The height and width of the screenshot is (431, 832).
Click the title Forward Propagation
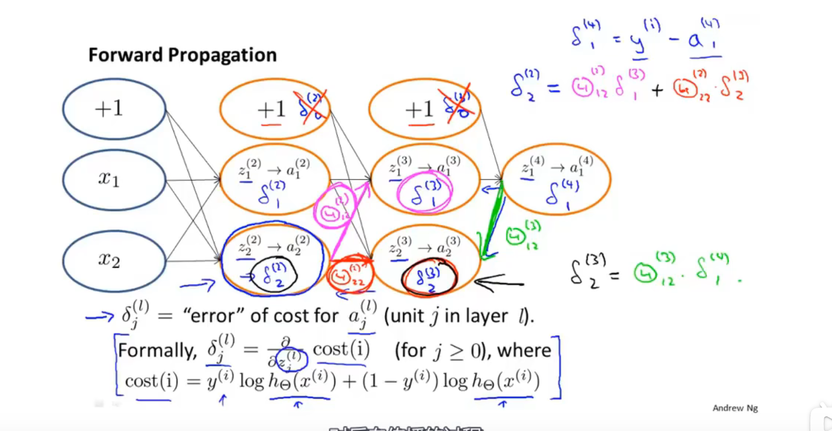183,55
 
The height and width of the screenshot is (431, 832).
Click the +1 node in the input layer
114,109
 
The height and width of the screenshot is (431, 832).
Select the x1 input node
114,179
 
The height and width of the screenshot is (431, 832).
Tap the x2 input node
114,260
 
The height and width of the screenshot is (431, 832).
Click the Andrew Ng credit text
735,408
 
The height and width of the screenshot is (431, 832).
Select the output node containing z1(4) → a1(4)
556,179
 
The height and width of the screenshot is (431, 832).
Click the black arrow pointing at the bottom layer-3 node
498,282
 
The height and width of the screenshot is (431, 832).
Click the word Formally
157,350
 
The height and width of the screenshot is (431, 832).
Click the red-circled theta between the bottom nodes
349,275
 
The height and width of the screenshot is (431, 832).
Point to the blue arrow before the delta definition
100,317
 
